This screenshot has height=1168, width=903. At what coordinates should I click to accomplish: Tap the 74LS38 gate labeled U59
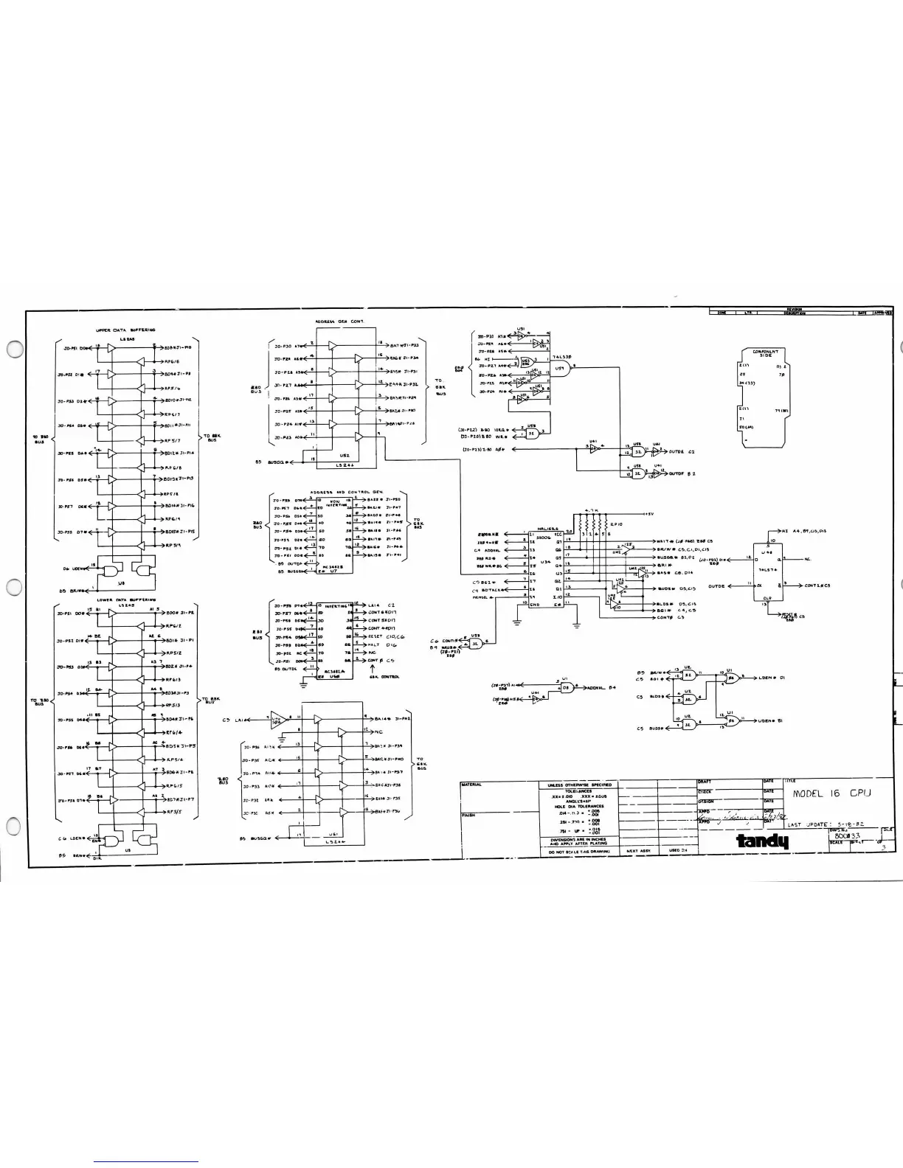564,372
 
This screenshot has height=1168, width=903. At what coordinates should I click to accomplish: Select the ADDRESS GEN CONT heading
340,322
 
